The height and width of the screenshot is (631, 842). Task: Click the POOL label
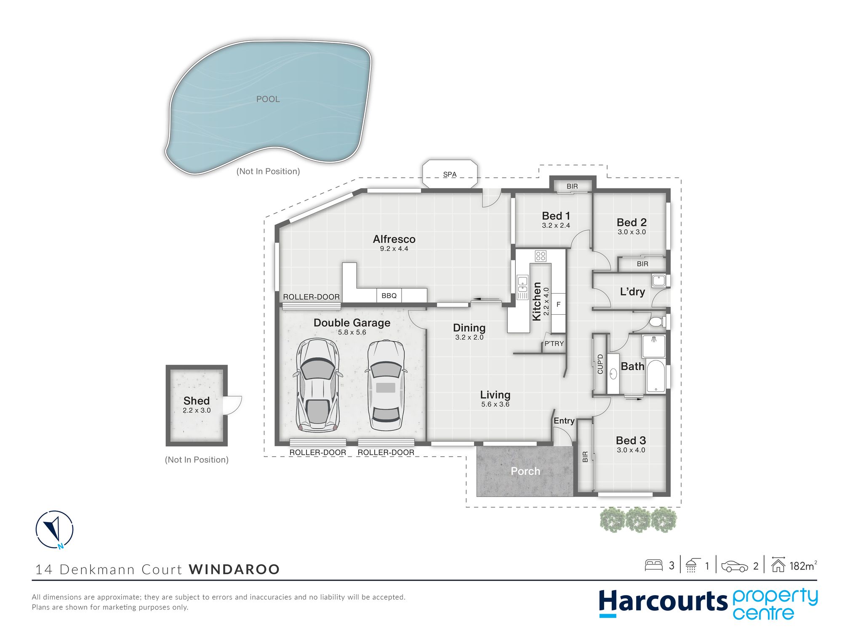[x=268, y=99]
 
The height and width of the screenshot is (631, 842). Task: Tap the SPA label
[x=450, y=174]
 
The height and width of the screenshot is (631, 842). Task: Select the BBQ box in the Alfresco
[x=389, y=296]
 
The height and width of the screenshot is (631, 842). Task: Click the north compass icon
[x=54, y=530]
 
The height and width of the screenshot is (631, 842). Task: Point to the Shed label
[x=197, y=400]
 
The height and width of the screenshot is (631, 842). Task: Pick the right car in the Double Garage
[x=386, y=385]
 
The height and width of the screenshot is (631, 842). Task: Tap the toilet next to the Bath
[x=657, y=322]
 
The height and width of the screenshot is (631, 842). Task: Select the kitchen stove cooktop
[x=541, y=256]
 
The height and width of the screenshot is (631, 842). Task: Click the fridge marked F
[x=558, y=304]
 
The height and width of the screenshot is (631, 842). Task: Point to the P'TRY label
[x=554, y=344]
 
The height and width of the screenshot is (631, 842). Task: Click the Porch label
[x=525, y=471]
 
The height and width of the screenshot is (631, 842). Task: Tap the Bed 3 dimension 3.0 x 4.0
[x=631, y=450]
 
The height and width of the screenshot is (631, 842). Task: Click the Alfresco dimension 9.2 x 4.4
[x=394, y=249]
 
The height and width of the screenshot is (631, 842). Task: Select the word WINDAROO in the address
[x=234, y=570]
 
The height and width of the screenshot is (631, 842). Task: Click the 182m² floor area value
[x=803, y=566]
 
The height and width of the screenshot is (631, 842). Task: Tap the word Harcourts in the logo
[x=663, y=602]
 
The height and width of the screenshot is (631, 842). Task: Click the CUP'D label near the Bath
[x=600, y=364]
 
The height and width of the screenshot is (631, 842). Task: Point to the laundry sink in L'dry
[x=659, y=281]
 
